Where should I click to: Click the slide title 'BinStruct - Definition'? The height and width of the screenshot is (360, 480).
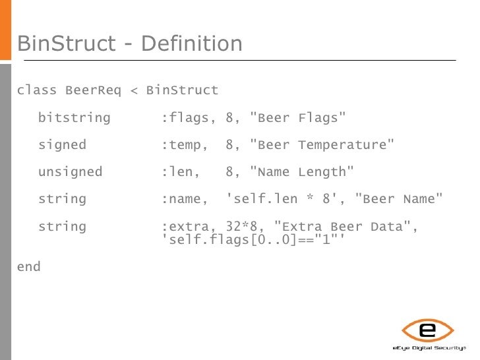click(x=130, y=44)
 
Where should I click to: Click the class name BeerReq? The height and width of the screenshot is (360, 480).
click(x=93, y=90)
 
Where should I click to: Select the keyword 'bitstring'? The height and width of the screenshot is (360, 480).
click(x=74, y=118)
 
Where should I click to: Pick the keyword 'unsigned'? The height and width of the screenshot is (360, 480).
click(x=70, y=172)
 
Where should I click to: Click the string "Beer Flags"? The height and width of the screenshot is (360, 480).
click(x=299, y=118)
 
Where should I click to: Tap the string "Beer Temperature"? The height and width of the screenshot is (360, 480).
click(x=323, y=145)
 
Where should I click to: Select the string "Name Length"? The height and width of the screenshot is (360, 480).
click(x=303, y=172)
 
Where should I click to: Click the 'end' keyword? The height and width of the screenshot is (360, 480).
click(x=28, y=267)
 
